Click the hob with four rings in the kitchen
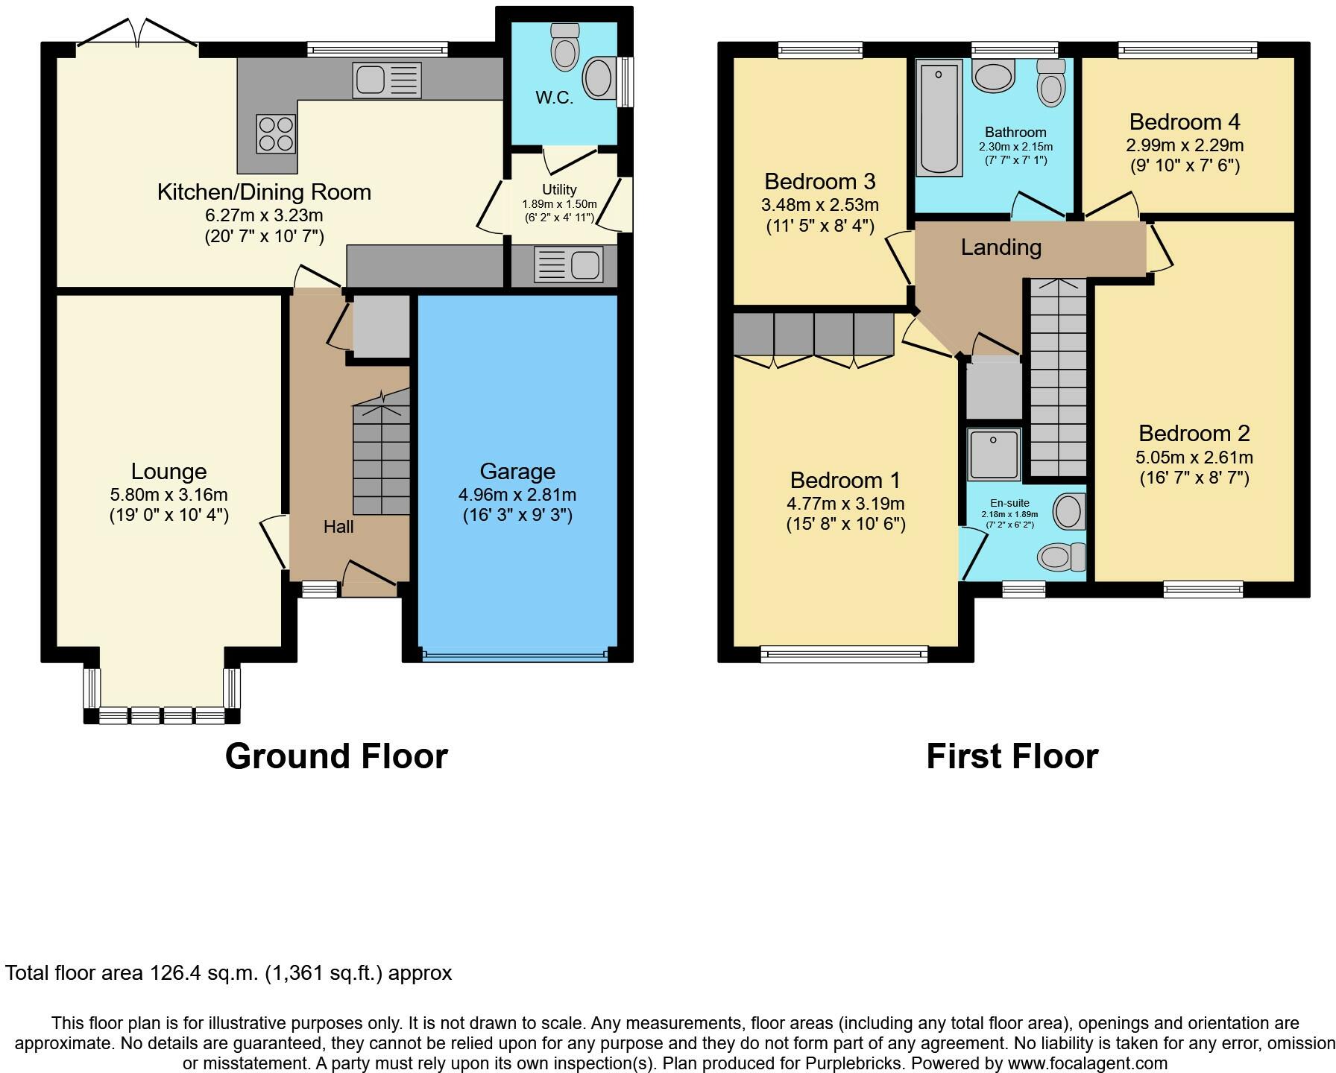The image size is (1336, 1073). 276,133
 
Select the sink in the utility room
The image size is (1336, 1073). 568,265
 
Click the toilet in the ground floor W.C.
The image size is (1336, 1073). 565,45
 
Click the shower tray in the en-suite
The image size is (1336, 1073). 994,454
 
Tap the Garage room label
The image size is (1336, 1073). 517,471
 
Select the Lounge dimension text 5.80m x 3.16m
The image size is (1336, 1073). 168,495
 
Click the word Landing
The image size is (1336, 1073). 1001,247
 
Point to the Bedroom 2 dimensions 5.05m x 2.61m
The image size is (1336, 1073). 1194,458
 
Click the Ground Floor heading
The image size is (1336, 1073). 336,756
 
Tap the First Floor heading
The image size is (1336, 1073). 1012,756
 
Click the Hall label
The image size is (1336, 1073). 338,527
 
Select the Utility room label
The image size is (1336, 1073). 559,190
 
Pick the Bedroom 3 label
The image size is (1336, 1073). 820,181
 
